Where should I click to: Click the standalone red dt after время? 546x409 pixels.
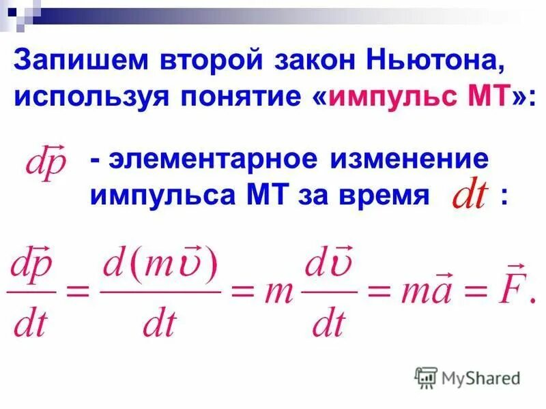point(469,197)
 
